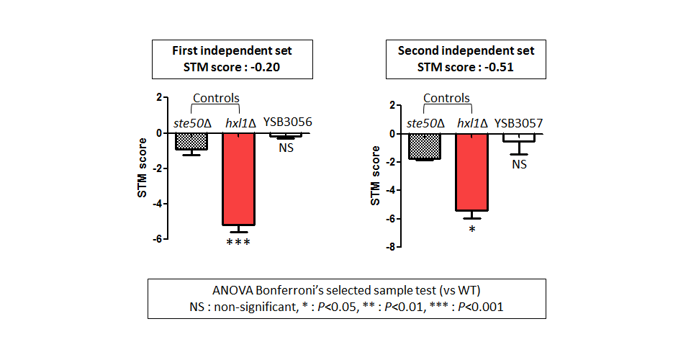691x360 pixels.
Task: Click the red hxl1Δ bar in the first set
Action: [x=238, y=179]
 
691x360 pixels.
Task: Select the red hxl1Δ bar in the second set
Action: [x=471, y=172]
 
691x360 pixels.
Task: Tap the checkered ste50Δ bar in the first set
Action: [x=191, y=141]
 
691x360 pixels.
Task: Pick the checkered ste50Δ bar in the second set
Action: [x=425, y=146]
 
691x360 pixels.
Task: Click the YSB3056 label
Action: [x=288, y=122]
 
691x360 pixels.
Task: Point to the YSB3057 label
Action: [x=519, y=123]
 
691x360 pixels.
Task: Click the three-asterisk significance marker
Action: [x=238, y=242]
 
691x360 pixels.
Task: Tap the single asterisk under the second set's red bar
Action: [x=472, y=229]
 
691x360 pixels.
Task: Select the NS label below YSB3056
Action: [x=286, y=148]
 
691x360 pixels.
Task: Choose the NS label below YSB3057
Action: [x=520, y=164]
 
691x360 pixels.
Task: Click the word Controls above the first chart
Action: [x=216, y=98]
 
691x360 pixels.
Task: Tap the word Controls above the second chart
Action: [x=446, y=98]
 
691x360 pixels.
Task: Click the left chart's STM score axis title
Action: [x=142, y=168]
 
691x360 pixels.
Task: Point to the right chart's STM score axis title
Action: [x=375, y=176]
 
